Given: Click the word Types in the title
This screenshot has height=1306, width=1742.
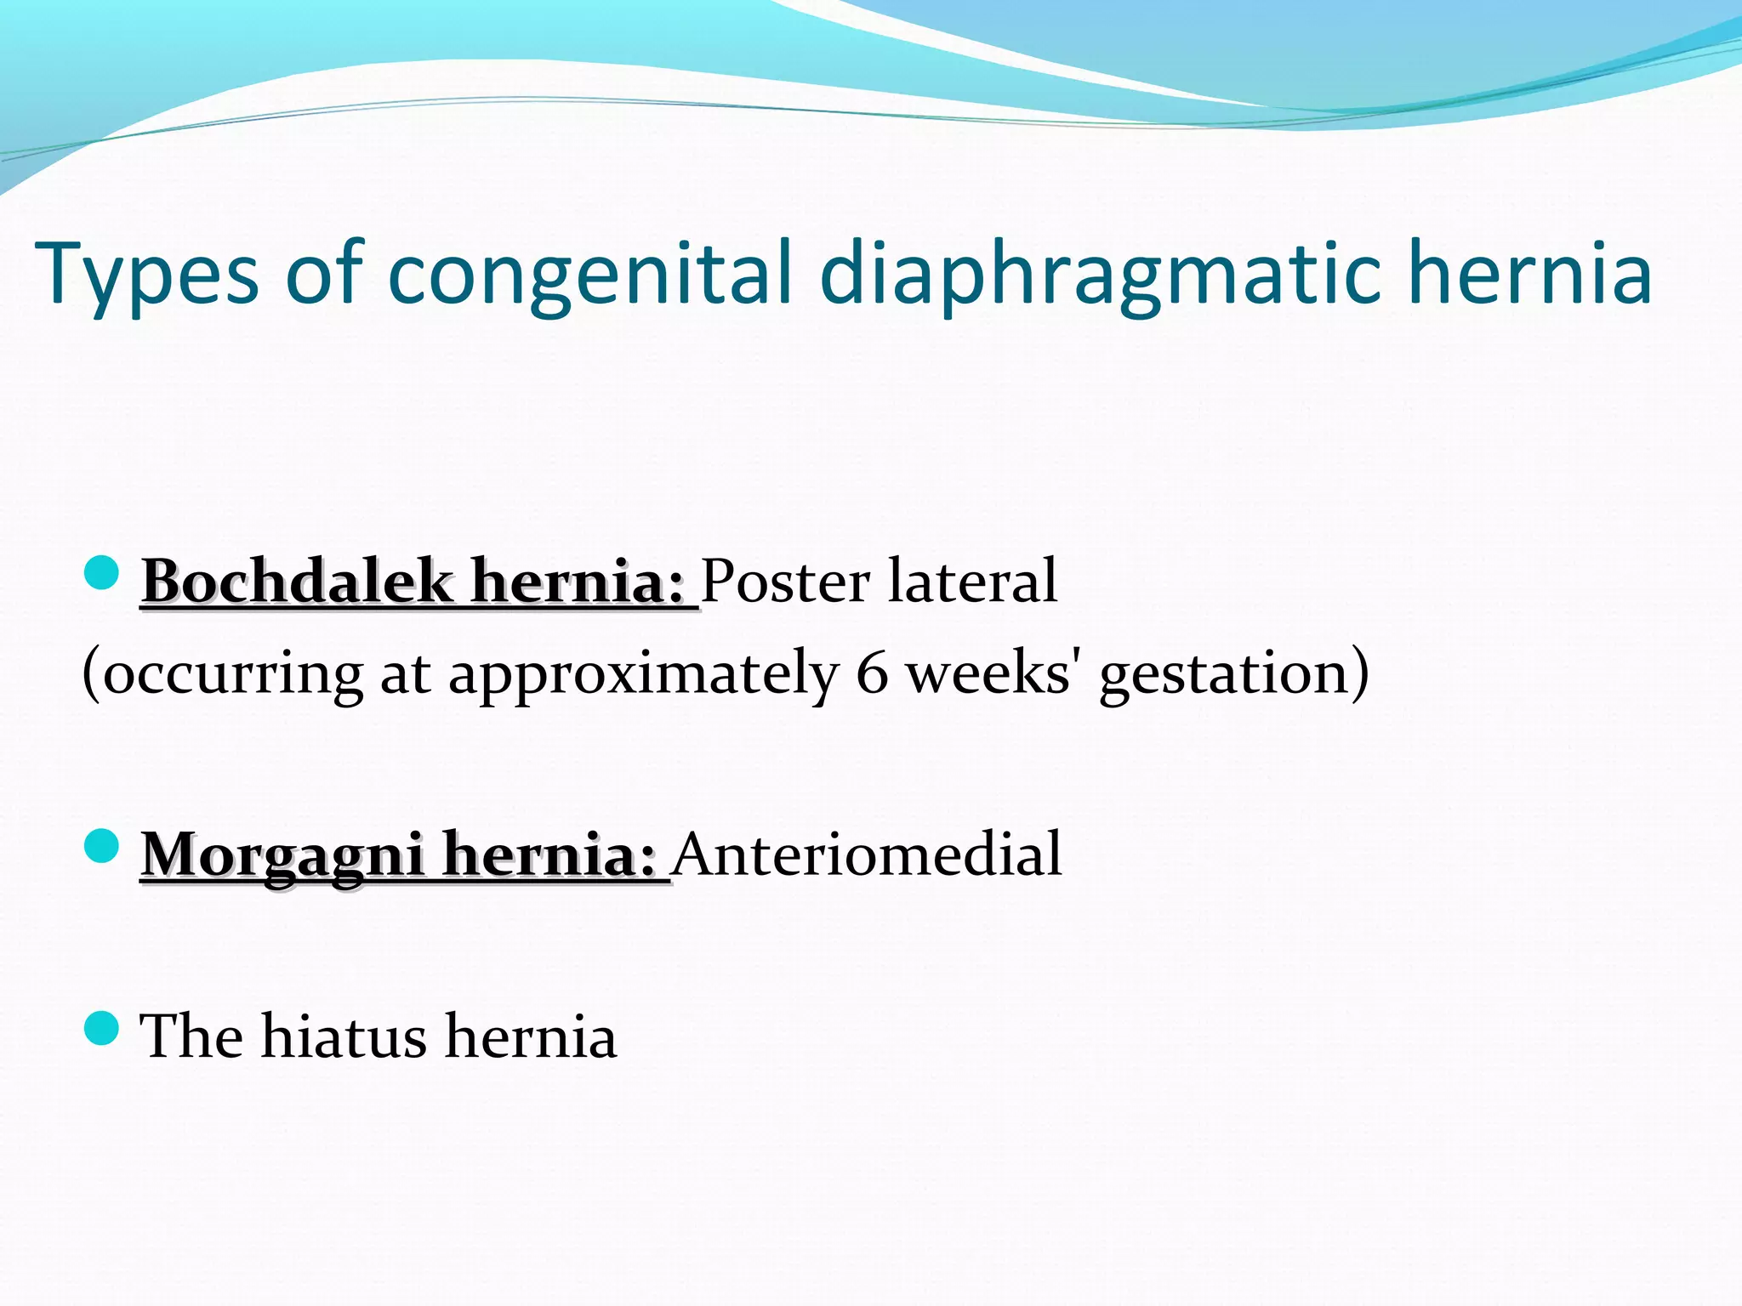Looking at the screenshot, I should click(146, 274).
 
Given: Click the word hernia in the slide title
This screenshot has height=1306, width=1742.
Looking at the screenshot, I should click(1530, 274).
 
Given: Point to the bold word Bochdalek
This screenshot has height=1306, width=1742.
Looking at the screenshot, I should click(297, 582).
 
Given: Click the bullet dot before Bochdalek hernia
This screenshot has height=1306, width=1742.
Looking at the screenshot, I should click(102, 573).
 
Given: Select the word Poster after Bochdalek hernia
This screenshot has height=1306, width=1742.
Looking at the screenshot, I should click(785, 582).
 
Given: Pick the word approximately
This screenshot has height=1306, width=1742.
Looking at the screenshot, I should click(642, 673).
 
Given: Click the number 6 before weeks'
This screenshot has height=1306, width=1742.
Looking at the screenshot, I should click(872, 673).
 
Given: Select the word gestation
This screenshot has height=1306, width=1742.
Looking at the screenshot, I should click(1225, 673).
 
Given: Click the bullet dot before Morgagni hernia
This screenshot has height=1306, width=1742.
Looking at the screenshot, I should click(102, 847).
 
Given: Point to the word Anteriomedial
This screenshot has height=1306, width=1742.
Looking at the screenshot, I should click(868, 854).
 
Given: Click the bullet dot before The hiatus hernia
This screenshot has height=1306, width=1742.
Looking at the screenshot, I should click(102, 1028).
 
